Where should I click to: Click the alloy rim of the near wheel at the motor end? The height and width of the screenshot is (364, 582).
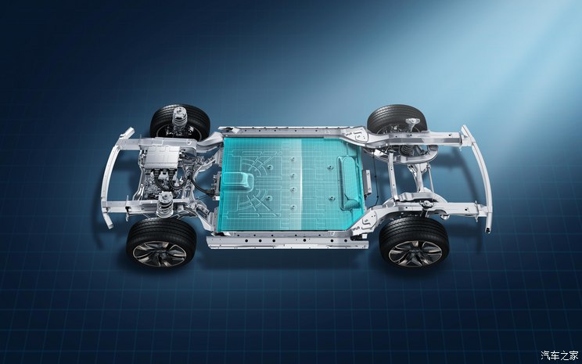pyautogui.click(x=160, y=254)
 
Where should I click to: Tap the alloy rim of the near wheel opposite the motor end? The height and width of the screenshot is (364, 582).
pyautogui.click(x=415, y=254)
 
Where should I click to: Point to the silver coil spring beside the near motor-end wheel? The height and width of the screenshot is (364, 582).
pyautogui.click(x=165, y=204)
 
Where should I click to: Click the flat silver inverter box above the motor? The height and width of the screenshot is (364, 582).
pyautogui.click(x=162, y=156)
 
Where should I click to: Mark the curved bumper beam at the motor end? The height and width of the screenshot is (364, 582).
pyautogui.click(x=111, y=178)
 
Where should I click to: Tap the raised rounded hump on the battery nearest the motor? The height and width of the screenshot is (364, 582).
pyautogui.click(x=239, y=181)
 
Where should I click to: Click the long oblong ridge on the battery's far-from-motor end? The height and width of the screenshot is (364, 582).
pyautogui.click(x=349, y=182)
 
